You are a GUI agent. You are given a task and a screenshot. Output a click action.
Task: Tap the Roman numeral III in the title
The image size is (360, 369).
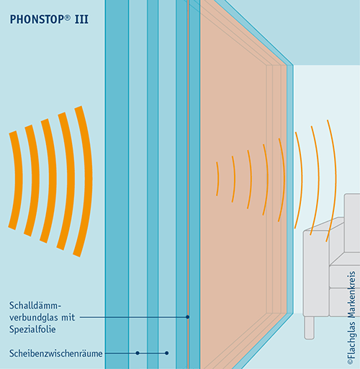click(x=81, y=19)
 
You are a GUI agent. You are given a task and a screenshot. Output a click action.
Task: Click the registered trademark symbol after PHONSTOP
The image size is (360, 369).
click(x=68, y=17)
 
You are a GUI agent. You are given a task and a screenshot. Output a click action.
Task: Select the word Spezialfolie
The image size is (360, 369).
click(x=32, y=329)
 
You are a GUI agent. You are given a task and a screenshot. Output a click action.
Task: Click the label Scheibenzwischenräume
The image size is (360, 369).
click(x=55, y=353)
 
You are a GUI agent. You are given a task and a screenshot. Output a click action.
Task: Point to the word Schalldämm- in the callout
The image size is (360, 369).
click(x=35, y=306)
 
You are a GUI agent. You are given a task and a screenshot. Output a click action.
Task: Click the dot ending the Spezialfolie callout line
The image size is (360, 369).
click(x=188, y=317)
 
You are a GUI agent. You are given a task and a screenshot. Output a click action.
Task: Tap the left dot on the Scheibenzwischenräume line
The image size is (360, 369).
click(x=138, y=353)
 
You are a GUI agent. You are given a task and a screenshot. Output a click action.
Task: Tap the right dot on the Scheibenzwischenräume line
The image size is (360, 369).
click(x=167, y=353)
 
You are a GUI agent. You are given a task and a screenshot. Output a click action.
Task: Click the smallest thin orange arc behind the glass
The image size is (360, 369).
click(x=217, y=179)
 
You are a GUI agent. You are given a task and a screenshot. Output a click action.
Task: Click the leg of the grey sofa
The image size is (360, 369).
click(x=309, y=328)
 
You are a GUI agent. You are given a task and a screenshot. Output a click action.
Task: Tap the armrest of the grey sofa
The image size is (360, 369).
click(x=316, y=272)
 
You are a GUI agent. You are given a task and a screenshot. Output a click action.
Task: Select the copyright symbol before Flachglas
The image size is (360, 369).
click(x=351, y=362)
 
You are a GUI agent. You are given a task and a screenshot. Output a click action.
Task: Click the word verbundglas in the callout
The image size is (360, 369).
click(x=33, y=317)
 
